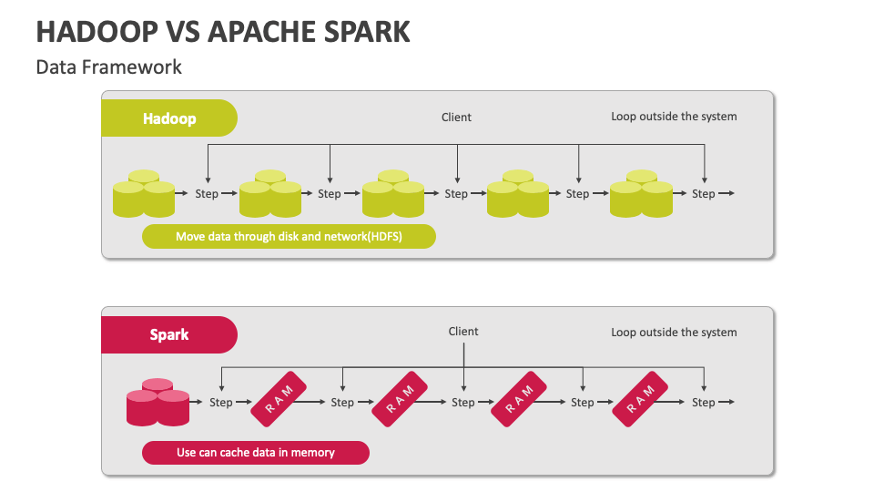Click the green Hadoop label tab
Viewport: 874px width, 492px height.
pos(169,118)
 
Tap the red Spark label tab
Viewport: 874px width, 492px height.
pos(169,334)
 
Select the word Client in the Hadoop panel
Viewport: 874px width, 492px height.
pos(456,118)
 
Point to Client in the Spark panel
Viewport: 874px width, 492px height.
pos(463,332)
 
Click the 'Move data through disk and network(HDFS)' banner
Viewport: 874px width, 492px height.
pos(289,237)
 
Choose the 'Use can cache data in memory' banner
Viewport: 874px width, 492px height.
pos(256,453)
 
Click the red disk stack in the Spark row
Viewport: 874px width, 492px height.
pos(158,403)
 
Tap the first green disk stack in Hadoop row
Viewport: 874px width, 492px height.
pos(144,193)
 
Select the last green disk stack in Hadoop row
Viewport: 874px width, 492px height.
pos(641,193)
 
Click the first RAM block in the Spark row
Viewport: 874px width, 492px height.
pos(279,399)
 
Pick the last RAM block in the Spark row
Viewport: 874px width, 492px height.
pos(640,399)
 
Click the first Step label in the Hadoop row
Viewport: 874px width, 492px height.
pos(207,193)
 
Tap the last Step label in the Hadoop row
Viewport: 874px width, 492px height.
pos(704,193)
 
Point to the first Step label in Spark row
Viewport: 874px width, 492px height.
pos(220,402)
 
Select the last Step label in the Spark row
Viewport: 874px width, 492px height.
pos(704,402)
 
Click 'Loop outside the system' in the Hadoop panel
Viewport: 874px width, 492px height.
pos(674,117)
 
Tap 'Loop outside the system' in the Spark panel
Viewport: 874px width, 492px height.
pos(674,333)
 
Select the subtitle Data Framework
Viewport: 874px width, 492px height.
pos(108,67)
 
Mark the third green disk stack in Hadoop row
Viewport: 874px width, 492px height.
pos(393,193)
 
